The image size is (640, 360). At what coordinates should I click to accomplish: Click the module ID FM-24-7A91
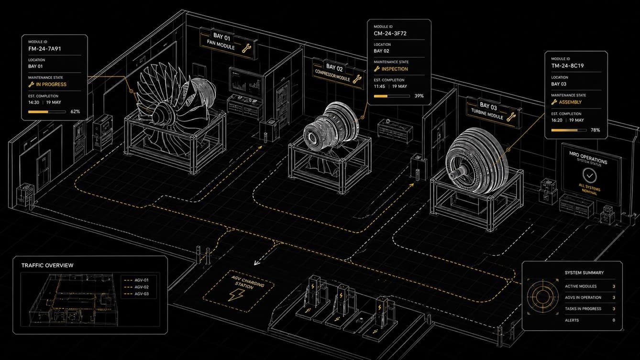[x=44, y=49]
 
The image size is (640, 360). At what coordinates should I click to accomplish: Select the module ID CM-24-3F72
[x=390, y=33]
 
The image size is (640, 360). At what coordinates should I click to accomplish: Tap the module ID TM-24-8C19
[x=567, y=65]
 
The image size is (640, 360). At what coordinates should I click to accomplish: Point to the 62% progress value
[x=75, y=111]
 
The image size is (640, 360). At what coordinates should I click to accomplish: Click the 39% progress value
[x=419, y=96]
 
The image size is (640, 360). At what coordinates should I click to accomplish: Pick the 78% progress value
[x=595, y=130]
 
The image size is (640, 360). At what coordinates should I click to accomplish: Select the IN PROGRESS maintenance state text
[x=51, y=85]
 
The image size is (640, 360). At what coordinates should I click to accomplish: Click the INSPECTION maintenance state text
[x=395, y=69]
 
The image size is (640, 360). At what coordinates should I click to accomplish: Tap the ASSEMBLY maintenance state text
[x=570, y=102]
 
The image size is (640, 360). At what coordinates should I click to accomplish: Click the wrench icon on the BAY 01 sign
[x=246, y=48]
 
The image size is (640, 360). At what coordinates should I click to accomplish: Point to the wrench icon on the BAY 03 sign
[x=511, y=117]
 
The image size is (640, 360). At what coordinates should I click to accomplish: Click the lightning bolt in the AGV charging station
[x=236, y=295]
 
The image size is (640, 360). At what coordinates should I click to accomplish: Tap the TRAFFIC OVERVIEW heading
[x=47, y=265]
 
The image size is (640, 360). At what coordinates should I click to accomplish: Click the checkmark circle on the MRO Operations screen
[x=589, y=176]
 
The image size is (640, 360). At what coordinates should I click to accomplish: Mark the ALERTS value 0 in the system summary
[x=614, y=320]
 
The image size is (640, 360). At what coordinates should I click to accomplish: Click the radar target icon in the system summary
[x=543, y=297]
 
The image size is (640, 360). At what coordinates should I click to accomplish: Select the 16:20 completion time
[x=557, y=120]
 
